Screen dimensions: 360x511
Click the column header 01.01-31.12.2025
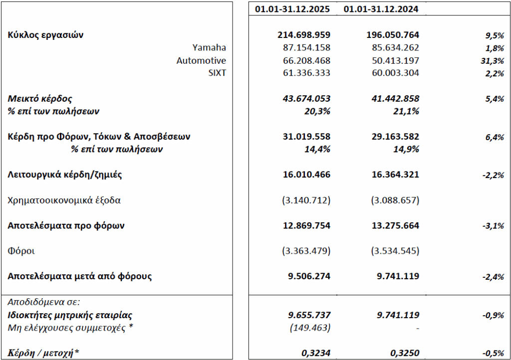click(293, 8)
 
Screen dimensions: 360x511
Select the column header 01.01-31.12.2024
click(382, 8)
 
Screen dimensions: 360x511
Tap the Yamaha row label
click(209, 48)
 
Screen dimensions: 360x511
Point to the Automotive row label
click(201, 60)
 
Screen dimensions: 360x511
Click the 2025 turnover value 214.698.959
click(304, 35)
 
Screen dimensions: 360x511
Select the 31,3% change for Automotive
click(493, 61)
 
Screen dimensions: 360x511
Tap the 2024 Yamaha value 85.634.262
click(393, 48)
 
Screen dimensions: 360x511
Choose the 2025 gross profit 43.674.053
click(304, 99)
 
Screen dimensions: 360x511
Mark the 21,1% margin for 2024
click(407, 111)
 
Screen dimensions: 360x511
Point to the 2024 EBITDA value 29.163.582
click(393, 136)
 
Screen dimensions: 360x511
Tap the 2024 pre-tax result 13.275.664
click(393, 225)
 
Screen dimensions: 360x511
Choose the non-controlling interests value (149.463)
click(310, 328)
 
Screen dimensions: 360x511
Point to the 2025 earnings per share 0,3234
click(316, 353)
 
